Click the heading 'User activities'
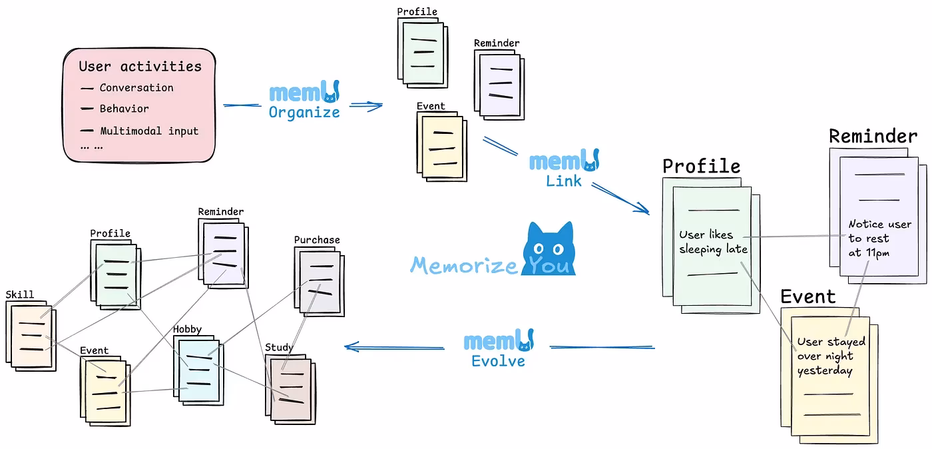(x=140, y=67)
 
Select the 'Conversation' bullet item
(x=136, y=88)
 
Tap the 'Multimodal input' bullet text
(x=148, y=131)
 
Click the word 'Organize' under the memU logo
(x=304, y=113)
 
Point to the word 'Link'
(x=563, y=181)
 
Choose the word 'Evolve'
(x=498, y=361)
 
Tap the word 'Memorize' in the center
(x=463, y=265)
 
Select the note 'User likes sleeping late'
(x=713, y=242)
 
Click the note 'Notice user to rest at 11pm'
(x=879, y=238)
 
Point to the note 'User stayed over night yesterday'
(x=831, y=356)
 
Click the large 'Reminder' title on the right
(x=873, y=137)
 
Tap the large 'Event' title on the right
(x=808, y=296)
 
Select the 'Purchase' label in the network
(x=317, y=240)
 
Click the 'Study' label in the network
(x=278, y=347)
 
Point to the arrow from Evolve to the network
(x=393, y=347)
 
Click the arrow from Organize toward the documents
(x=365, y=105)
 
